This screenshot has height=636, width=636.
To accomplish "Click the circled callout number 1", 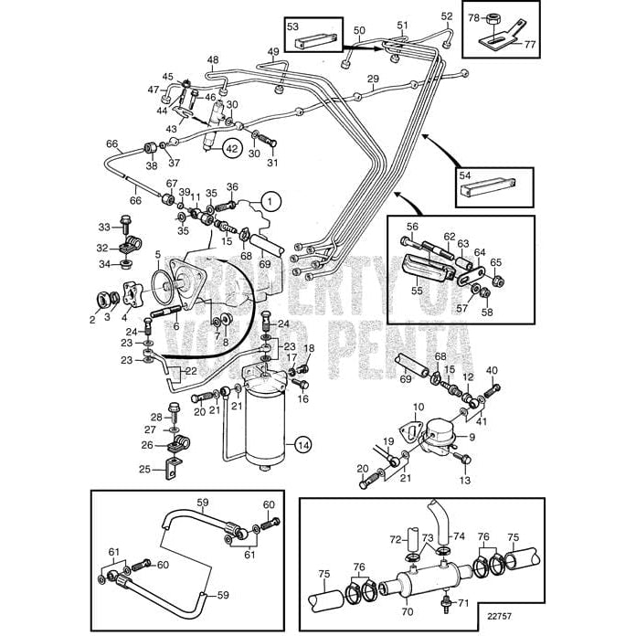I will click(x=270, y=199).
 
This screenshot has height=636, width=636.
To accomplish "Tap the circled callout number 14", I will click(x=302, y=445).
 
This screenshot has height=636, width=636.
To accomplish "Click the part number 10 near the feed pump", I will click(x=419, y=407).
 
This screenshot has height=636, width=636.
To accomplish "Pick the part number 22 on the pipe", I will click(x=189, y=371).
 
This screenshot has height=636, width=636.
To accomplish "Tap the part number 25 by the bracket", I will click(x=143, y=470).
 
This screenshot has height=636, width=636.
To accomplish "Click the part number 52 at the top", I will click(x=446, y=16).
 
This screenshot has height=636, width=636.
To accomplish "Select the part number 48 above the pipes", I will click(x=213, y=60).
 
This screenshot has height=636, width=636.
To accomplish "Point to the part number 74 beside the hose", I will click(x=459, y=536).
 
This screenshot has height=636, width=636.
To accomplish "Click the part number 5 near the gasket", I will click(x=157, y=256).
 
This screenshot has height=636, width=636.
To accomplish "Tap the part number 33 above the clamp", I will click(x=103, y=227).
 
